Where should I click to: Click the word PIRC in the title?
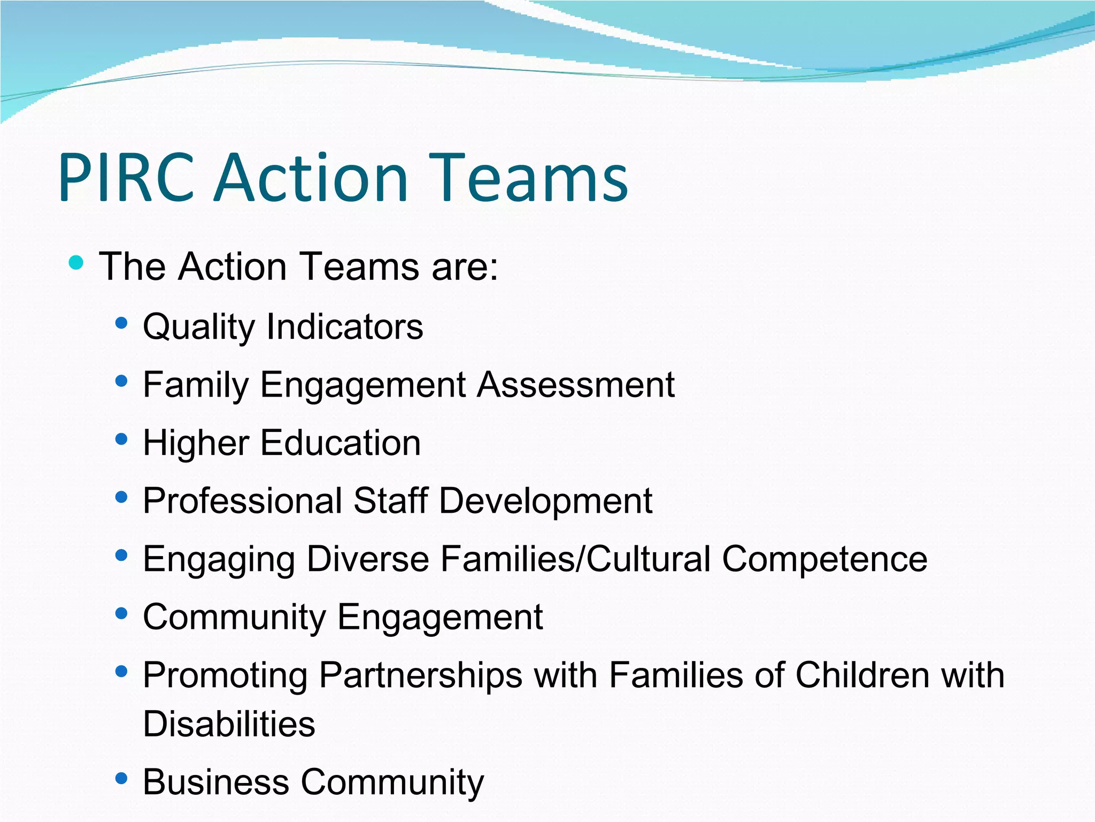coord(126,178)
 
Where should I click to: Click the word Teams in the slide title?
coord(533,178)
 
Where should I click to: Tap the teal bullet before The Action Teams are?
coord(76,263)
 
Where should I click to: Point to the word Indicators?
coord(345,327)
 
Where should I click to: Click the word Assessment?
coord(576,385)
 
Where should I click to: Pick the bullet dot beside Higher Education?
coord(121,439)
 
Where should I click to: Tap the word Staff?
coord(391,501)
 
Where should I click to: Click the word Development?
coord(545,501)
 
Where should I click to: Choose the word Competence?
coord(824,559)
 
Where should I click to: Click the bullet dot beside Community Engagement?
coord(121,613)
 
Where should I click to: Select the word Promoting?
coord(225,675)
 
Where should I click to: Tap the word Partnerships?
coord(421,675)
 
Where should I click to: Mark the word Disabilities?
coord(229,724)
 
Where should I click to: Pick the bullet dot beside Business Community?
coord(121,778)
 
